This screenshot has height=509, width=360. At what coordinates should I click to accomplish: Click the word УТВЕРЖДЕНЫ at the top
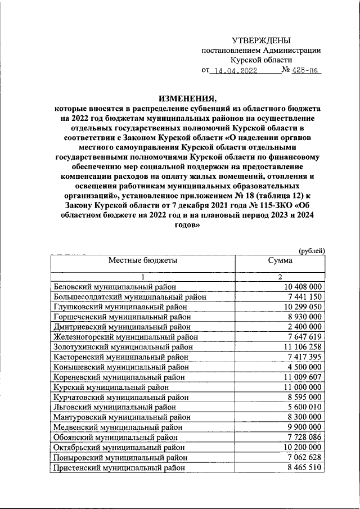tap(262, 40)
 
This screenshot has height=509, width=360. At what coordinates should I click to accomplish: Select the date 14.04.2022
tap(233, 71)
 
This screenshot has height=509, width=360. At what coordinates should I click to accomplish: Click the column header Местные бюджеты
tap(143, 262)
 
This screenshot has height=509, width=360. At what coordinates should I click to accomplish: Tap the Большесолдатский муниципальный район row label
tap(129, 296)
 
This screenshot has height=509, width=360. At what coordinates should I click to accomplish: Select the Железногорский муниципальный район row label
tap(125, 337)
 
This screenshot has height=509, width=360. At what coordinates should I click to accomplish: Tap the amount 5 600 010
tap(304, 407)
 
